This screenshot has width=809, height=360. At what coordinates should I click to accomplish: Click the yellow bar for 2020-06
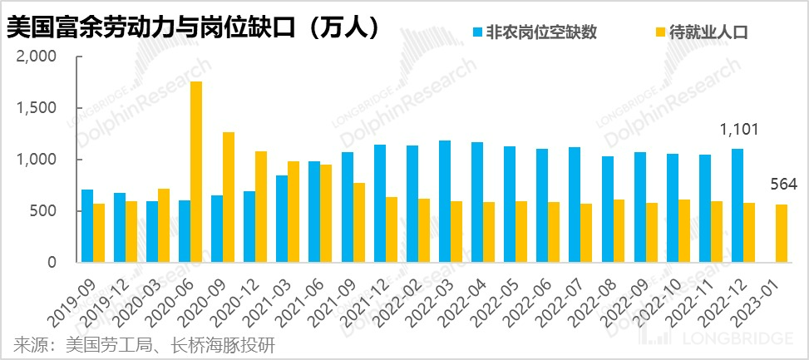click(x=196, y=172)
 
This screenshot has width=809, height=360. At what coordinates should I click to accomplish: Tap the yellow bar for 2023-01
click(x=782, y=234)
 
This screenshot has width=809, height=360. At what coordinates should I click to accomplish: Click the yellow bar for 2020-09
click(x=229, y=197)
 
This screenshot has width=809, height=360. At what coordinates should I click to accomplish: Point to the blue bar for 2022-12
click(x=737, y=205)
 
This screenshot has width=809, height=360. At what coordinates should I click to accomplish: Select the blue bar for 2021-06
click(x=314, y=212)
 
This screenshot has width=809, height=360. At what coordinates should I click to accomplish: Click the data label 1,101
click(x=737, y=130)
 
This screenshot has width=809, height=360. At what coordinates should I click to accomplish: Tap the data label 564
click(x=782, y=185)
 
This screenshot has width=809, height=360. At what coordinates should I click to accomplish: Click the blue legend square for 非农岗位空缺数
click(x=478, y=32)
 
